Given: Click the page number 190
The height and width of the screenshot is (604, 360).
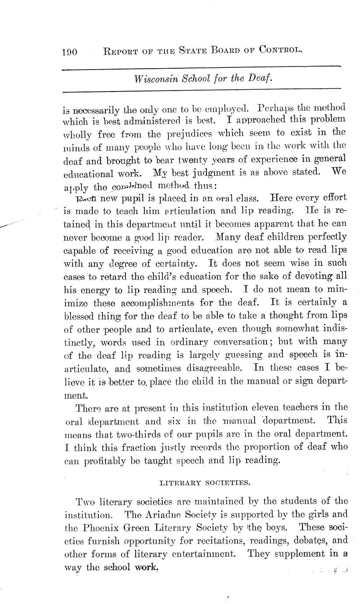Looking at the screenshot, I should [69, 52].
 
